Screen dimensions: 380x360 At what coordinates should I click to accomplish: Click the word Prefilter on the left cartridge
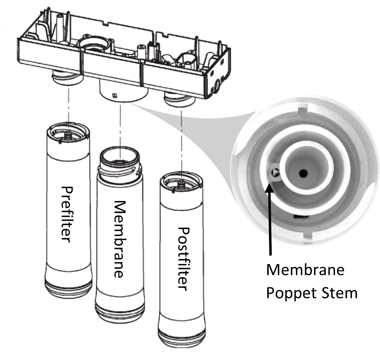(x=67, y=214)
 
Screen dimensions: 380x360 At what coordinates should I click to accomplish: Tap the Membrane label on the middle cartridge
(x=120, y=239)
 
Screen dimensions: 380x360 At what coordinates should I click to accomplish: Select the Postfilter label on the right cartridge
(x=183, y=258)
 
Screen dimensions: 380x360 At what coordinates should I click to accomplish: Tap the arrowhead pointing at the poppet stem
(x=269, y=187)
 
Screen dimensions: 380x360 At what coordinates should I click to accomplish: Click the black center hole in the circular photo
(x=303, y=173)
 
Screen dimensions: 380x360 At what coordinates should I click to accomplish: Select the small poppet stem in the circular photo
(x=275, y=172)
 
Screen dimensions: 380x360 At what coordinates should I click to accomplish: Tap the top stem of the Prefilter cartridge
(x=68, y=134)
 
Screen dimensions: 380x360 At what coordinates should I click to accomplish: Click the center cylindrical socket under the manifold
(x=124, y=91)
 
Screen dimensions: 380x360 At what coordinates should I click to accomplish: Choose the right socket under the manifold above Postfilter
(x=179, y=100)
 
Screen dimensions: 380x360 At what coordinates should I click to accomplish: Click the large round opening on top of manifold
(x=93, y=44)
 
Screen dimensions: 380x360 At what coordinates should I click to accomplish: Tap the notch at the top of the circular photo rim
(x=302, y=107)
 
